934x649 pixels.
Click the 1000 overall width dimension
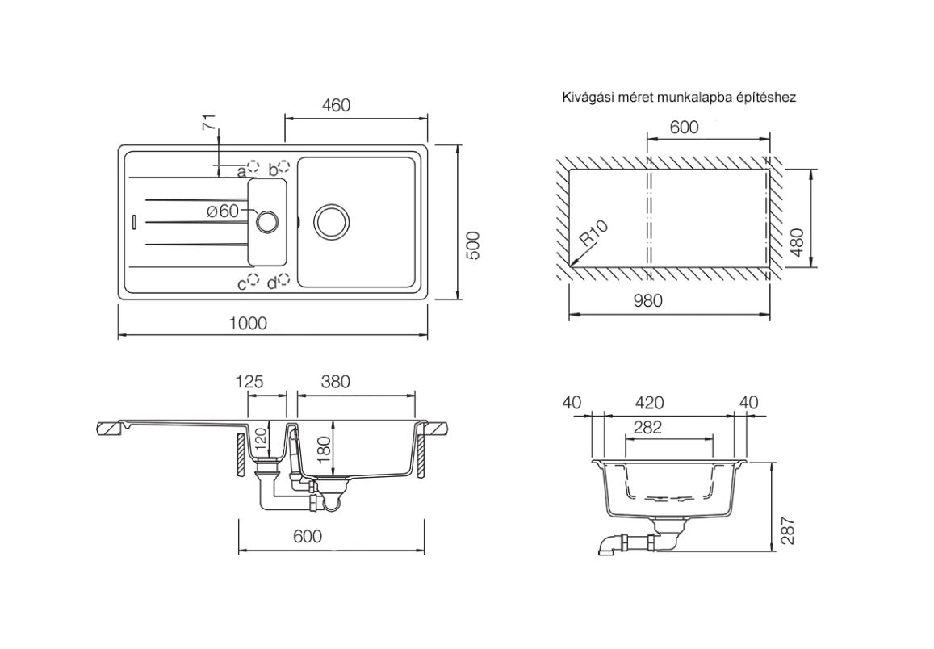(248, 323)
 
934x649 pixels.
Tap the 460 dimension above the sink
(337, 106)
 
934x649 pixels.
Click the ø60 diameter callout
(222, 211)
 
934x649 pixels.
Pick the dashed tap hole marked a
(253, 168)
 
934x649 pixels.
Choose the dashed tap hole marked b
(284, 168)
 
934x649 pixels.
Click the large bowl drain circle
(331, 220)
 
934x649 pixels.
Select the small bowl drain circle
(266, 220)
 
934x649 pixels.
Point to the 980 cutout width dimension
(647, 301)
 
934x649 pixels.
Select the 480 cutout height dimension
(798, 241)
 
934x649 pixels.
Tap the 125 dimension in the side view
(250, 382)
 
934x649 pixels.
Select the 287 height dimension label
(789, 530)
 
